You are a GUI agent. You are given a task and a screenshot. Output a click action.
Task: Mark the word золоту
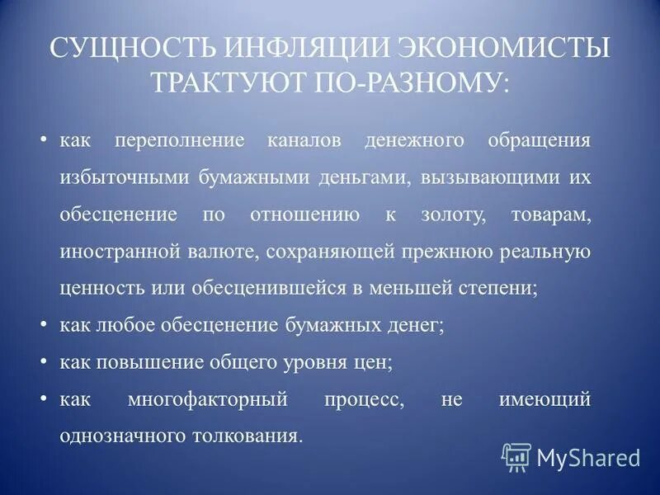click(x=442, y=215)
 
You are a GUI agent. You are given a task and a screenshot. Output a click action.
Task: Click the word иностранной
click(x=111, y=252)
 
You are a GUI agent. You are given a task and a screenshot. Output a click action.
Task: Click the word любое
click(x=115, y=325)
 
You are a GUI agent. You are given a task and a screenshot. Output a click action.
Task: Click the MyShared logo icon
click(x=516, y=456)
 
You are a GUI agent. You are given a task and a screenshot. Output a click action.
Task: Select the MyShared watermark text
click(x=588, y=457)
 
